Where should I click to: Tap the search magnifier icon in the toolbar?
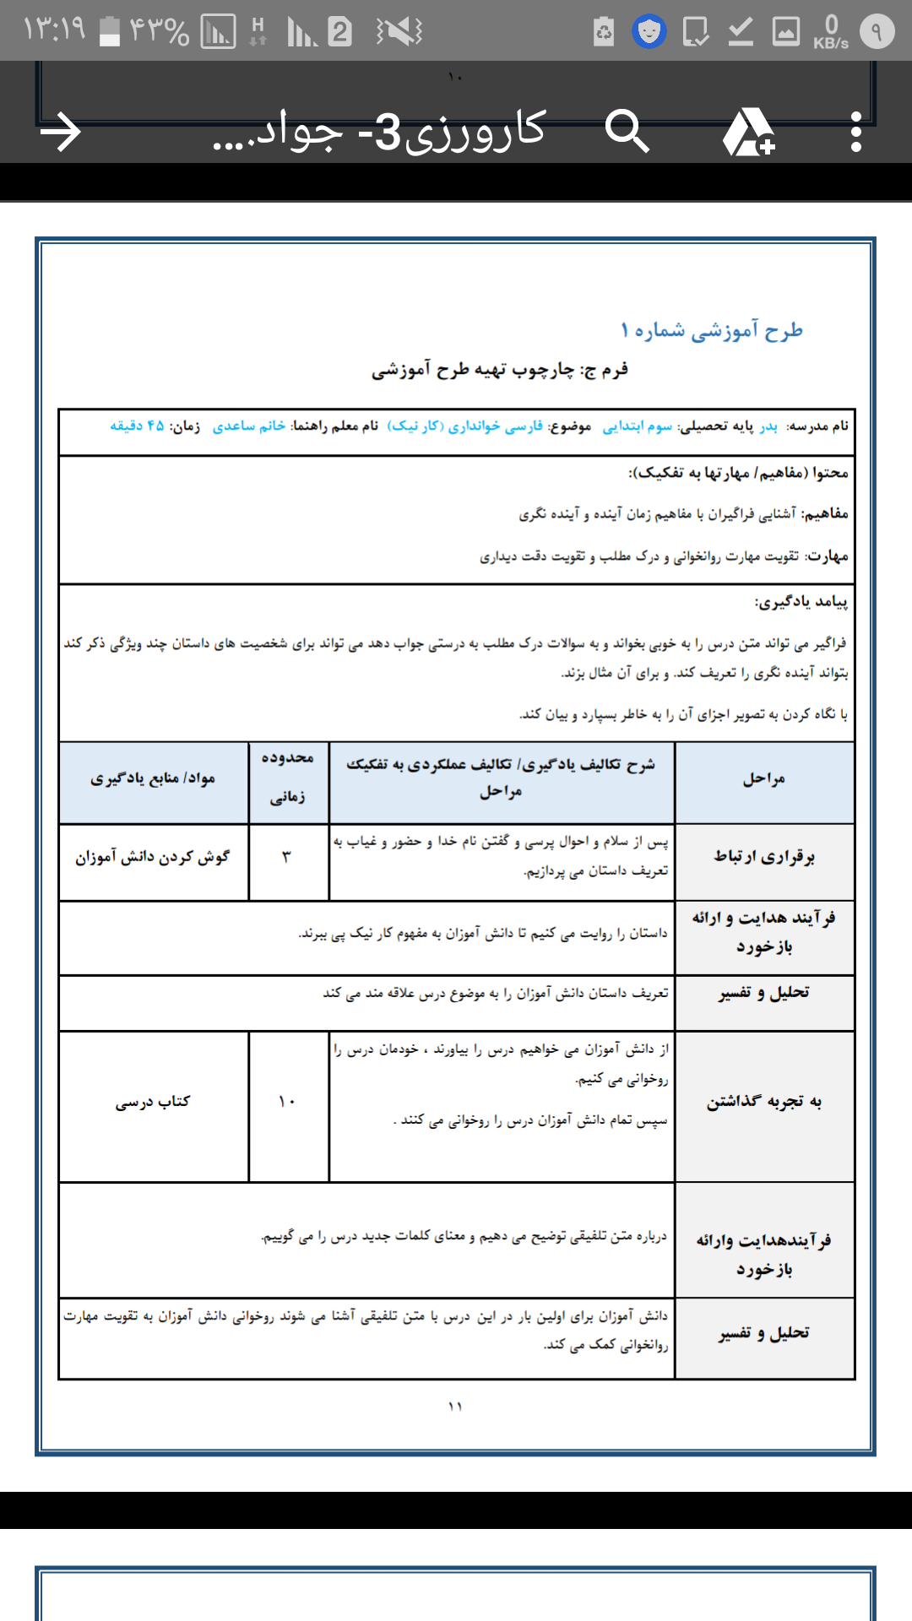[627, 132]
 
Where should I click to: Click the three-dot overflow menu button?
[856, 133]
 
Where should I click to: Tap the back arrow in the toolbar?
[61, 133]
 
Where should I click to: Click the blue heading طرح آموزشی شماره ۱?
[711, 330]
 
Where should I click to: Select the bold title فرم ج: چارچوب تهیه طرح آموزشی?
[500, 370]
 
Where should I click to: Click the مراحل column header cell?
[764, 779]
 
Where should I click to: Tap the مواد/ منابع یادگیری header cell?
[153, 778]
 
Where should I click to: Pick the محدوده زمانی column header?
[287, 778]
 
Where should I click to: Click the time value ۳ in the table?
[286, 858]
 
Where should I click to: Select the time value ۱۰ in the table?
[287, 1102]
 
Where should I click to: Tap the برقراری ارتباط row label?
[764, 857]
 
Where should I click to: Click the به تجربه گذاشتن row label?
[764, 1102]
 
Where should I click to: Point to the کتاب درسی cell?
[153, 1102]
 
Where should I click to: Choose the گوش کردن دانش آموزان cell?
[153, 858]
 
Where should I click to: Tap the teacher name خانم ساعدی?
[249, 426]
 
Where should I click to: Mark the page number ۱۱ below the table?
[455, 1407]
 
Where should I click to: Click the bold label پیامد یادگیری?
[801, 602]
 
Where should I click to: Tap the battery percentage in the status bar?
[158, 31]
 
